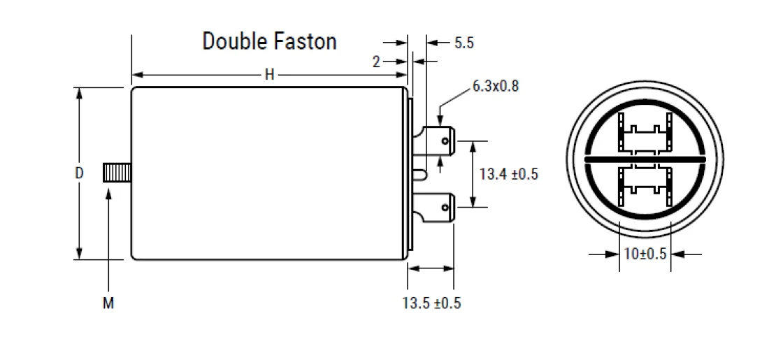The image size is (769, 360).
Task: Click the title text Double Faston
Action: click(269, 41)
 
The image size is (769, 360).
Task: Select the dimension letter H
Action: click(269, 75)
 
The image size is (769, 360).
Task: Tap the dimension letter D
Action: click(79, 173)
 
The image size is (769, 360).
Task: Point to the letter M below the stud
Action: click(108, 303)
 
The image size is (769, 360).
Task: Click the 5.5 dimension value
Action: click(463, 43)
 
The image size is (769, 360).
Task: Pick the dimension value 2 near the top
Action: click(376, 62)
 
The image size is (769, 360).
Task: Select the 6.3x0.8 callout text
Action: click(495, 87)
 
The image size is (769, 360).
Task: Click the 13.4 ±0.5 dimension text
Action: click(508, 174)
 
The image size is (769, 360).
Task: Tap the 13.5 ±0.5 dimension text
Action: click(431, 303)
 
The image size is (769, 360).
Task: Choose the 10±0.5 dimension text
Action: click(645, 254)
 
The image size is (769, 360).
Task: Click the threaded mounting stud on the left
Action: click(117, 173)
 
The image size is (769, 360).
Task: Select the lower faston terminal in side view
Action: click(440, 207)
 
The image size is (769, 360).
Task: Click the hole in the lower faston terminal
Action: click(445, 207)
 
